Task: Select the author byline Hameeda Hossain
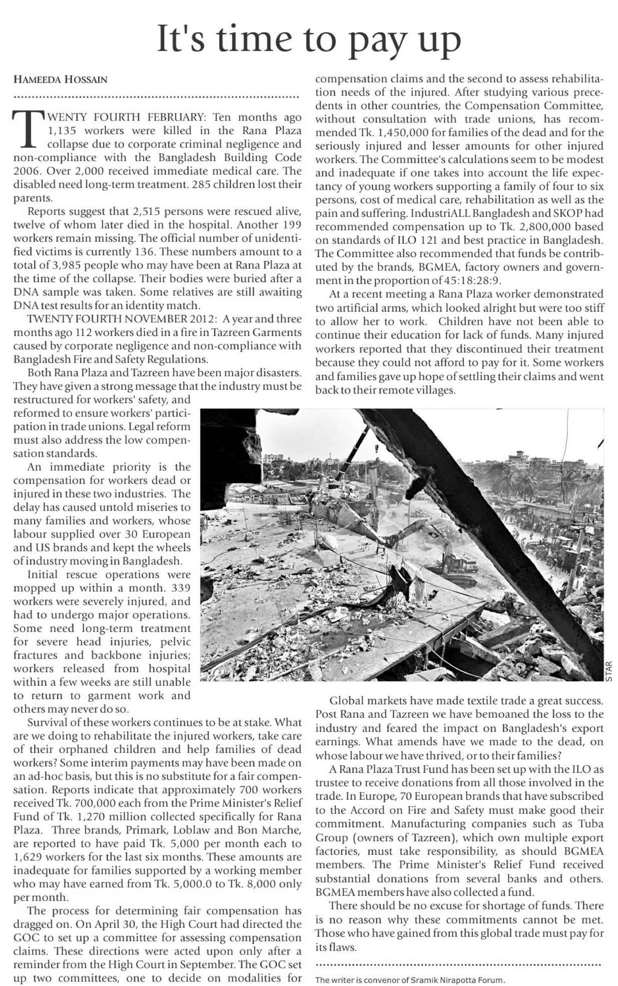click(x=60, y=80)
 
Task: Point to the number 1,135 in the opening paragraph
click(x=61, y=131)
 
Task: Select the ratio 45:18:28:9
click(x=477, y=280)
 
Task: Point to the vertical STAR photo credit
click(x=608, y=670)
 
